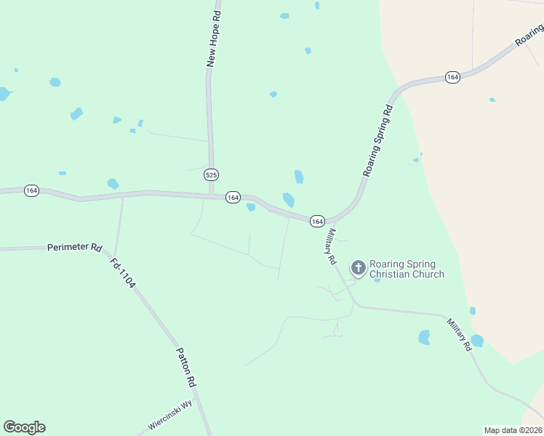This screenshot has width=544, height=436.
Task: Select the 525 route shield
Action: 211,175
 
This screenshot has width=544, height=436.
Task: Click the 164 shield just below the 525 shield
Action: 233,198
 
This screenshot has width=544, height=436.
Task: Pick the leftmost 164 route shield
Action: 31,190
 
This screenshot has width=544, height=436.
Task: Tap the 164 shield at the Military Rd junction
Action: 317,220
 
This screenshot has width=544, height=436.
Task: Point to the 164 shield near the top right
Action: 452,77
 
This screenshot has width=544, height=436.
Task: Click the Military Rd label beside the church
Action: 331,246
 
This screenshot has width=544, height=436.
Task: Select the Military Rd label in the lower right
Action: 460,335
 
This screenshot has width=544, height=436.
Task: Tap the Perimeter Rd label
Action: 75,247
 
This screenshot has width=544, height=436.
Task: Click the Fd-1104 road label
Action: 122,273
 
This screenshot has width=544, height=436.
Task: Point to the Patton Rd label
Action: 186,366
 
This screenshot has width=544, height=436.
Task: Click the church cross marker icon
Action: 358,268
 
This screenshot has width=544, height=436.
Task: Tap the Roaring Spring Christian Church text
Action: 407,269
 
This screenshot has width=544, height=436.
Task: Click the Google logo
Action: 24,427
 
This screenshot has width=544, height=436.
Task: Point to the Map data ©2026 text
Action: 513,429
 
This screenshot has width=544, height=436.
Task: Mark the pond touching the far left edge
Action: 4,94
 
